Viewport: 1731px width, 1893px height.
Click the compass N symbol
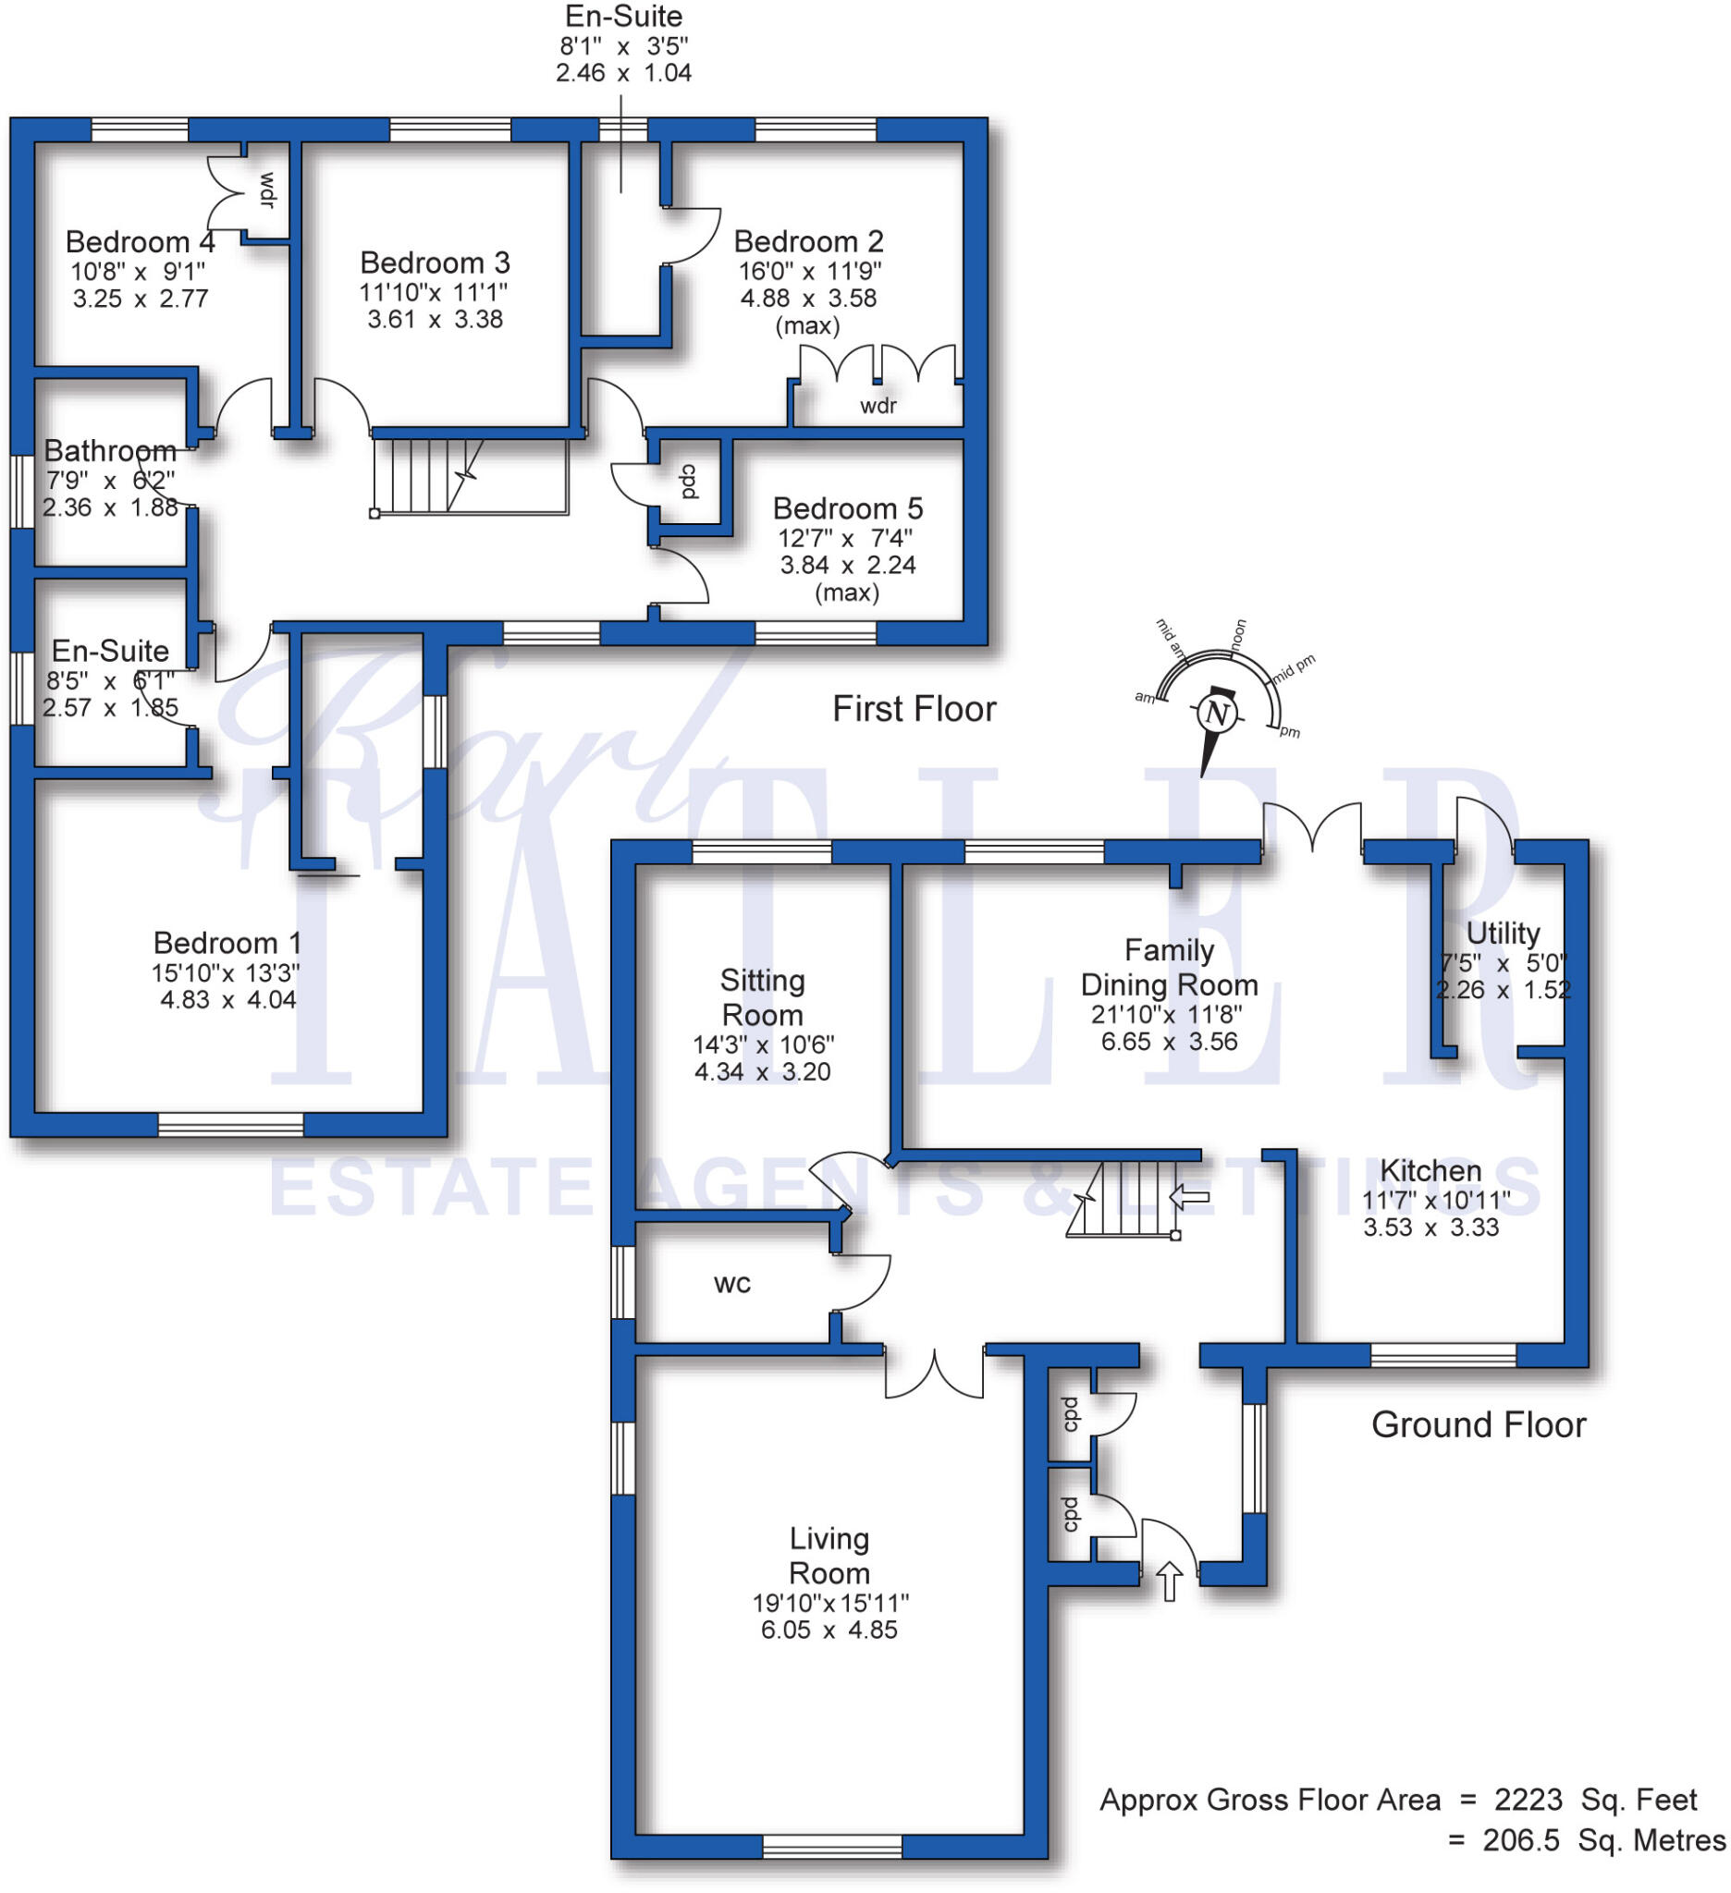click(x=1217, y=714)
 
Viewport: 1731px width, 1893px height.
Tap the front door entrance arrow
click(x=1169, y=1582)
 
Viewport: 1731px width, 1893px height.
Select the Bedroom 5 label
click(x=847, y=509)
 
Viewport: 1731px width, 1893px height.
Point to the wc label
click(x=731, y=1284)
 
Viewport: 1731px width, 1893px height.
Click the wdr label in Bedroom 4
click(x=267, y=190)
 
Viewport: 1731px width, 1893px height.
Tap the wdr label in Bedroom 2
click(x=878, y=406)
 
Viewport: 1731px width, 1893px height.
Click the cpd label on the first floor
click(x=689, y=482)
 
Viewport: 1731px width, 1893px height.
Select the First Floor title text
click(x=914, y=709)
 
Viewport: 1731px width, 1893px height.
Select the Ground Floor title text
click(x=1479, y=1425)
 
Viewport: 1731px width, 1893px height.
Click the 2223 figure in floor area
click(x=1528, y=1800)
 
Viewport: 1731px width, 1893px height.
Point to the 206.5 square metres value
click(x=1520, y=1840)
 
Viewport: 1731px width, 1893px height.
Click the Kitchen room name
click(x=1430, y=1171)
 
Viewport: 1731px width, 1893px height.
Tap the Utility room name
click(x=1503, y=934)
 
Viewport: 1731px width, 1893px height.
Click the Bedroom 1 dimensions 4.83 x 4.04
click(x=228, y=1000)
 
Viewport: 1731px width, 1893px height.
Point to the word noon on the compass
click(x=1239, y=634)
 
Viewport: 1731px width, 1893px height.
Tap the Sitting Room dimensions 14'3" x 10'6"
click(x=763, y=1045)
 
